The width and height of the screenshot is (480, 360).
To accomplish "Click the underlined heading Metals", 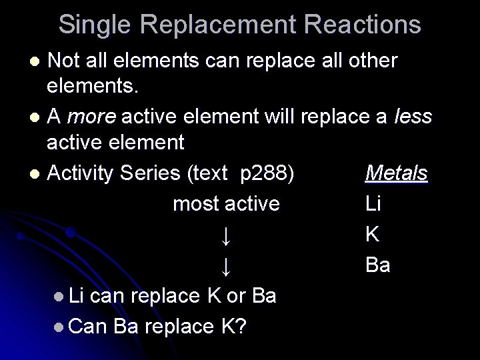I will point(397,174).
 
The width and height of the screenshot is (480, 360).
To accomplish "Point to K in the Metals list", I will point(373,235).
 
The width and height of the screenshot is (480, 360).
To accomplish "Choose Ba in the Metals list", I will point(378,265).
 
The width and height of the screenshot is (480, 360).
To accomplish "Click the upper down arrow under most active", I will point(226,235).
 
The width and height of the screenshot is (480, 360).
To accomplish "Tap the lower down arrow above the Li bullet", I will point(226,266).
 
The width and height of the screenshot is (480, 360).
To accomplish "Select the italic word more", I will point(91,118).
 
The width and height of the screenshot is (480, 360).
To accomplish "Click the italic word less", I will point(415,118).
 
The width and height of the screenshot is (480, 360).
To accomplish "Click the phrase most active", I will point(226,203).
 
